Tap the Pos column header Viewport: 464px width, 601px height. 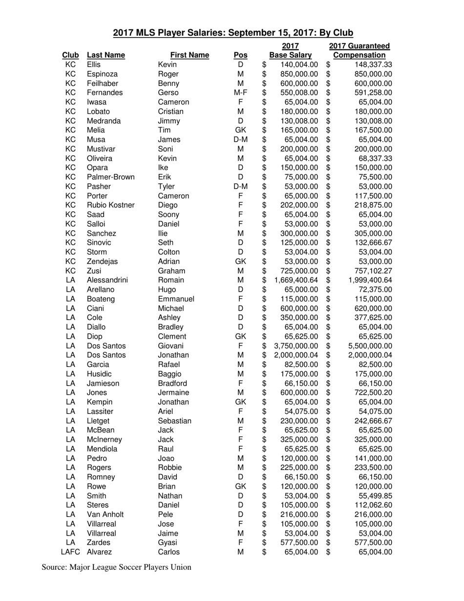click(240, 55)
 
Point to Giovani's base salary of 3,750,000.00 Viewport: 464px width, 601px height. click(296, 346)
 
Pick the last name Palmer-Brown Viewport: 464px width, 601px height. click(110, 177)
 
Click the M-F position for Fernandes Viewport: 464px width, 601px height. click(240, 93)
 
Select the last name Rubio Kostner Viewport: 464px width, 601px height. click(110, 205)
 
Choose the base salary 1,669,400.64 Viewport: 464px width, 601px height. click(296, 280)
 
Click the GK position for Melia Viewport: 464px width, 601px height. click(240, 130)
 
